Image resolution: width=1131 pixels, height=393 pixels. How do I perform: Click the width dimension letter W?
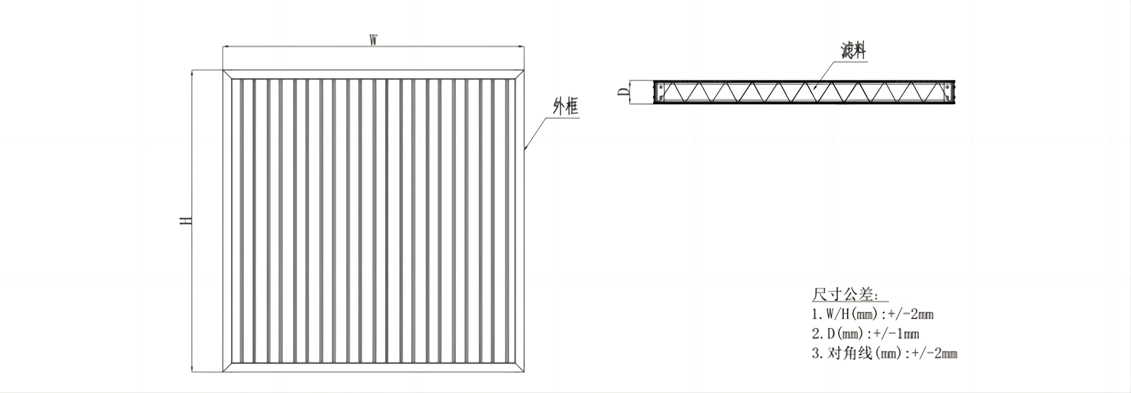coord(373,40)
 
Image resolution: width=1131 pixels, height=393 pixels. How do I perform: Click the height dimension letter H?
coord(186,220)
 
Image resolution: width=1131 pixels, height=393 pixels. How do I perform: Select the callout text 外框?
coord(565,107)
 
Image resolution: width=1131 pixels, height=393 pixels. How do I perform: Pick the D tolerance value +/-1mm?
coord(896,334)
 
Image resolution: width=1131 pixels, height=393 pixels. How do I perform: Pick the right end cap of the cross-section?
coord(950,92)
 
